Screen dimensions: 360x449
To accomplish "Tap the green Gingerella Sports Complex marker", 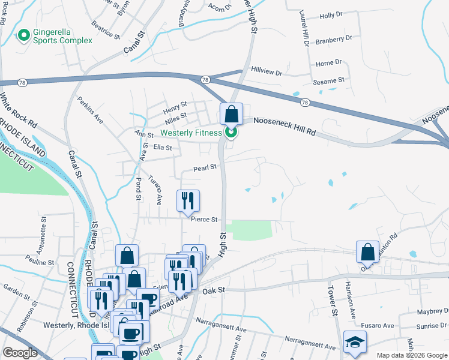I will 24,36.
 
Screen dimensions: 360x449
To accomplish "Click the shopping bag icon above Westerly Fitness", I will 231,114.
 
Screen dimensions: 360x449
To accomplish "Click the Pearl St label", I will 205,169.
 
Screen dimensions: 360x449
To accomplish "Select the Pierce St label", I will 204,220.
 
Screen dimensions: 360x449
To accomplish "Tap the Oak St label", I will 213,290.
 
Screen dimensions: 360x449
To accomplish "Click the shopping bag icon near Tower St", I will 367,253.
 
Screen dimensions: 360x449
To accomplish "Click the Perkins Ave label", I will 90,110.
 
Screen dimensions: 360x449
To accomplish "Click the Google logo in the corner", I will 20,353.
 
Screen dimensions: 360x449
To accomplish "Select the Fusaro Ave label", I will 380,326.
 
